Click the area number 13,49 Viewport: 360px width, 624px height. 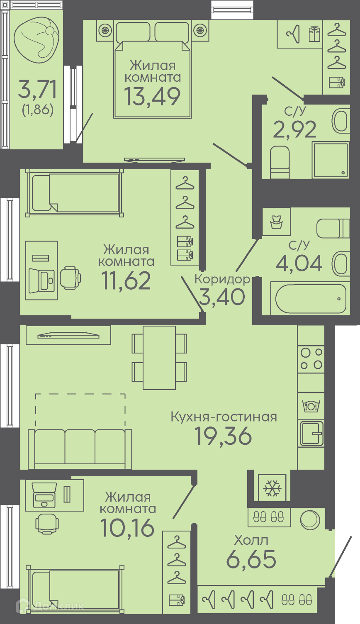152,97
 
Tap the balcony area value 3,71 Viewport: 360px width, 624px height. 37,89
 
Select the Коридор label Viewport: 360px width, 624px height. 222,279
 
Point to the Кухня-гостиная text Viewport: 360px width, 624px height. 224,417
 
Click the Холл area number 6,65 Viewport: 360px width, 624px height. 251,559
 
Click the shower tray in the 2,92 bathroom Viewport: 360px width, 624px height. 331,160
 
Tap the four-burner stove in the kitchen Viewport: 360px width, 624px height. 311,358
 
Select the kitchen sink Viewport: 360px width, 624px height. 311,434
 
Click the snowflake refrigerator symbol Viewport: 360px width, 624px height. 272,488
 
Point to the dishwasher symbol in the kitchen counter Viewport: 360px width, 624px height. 311,406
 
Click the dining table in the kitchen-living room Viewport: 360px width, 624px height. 159,358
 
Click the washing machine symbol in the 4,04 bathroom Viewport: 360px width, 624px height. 277,222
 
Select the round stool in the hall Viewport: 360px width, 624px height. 310,520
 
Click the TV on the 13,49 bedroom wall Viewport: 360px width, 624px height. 155,160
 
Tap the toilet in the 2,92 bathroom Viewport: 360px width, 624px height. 280,162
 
